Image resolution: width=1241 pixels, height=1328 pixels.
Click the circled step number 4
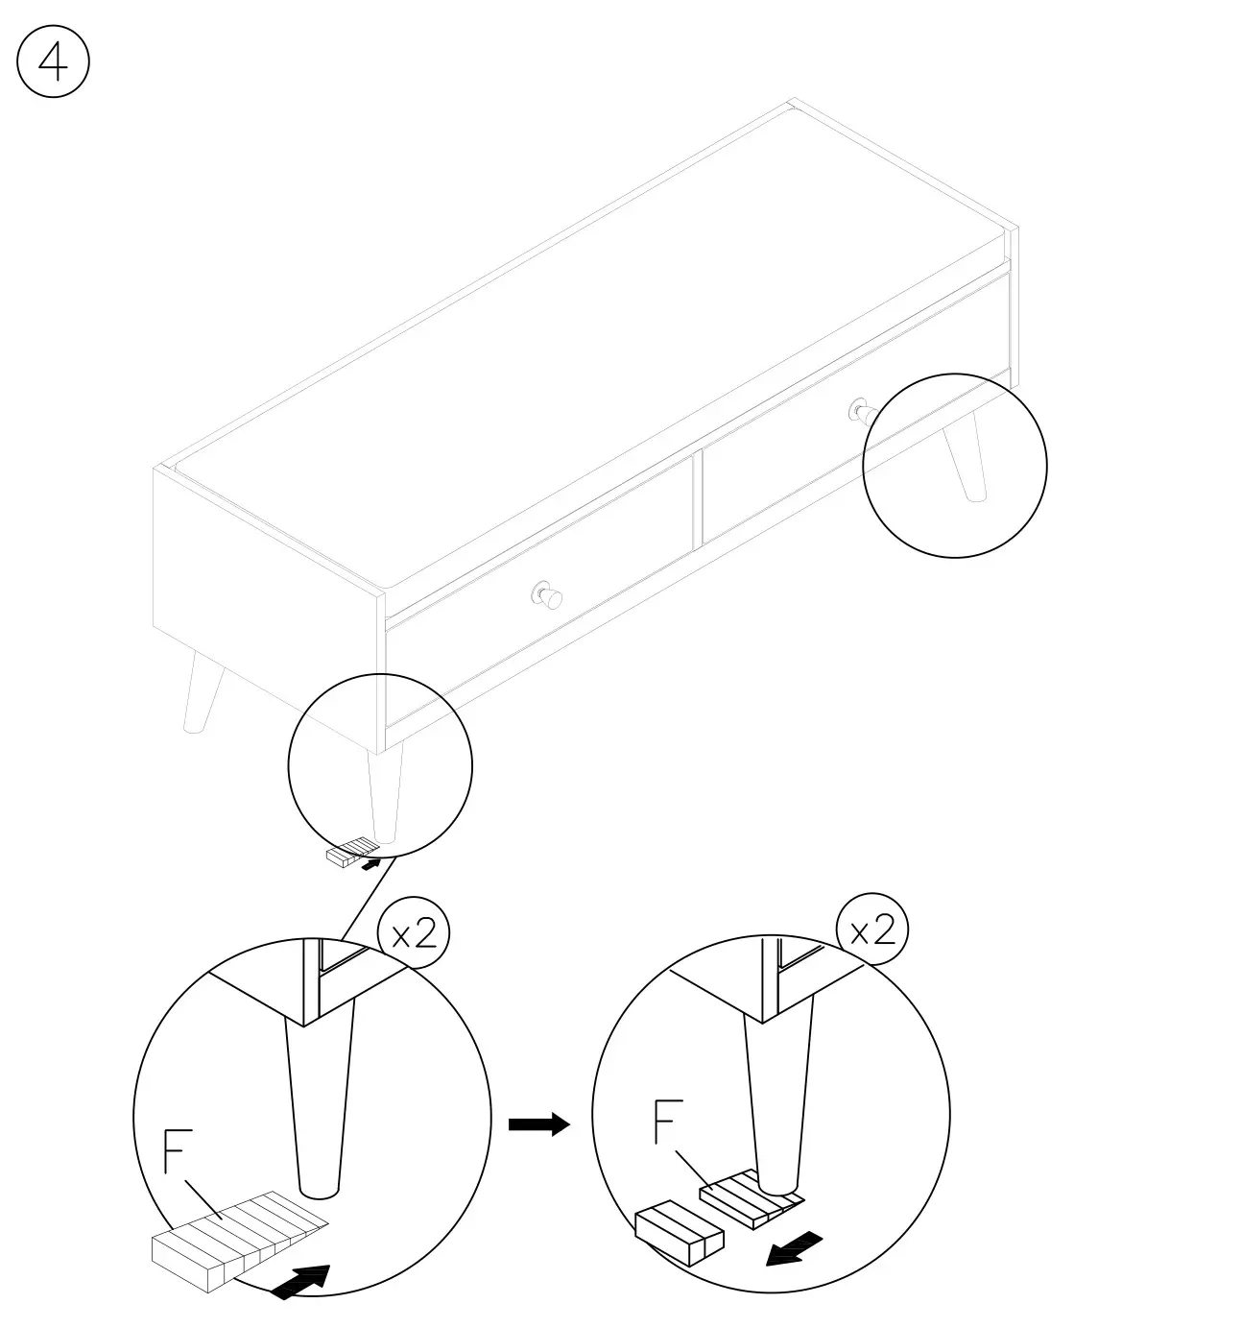[53, 62]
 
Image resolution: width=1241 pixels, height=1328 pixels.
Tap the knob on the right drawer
[860, 411]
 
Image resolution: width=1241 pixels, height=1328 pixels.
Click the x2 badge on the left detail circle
[414, 932]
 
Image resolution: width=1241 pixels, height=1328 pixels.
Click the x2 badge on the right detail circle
[871, 930]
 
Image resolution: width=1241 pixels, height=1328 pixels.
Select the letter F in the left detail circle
[173, 1153]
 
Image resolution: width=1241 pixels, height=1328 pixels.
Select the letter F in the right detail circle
[668, 1122]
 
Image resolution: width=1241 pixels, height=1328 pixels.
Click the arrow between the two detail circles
[538, 1124]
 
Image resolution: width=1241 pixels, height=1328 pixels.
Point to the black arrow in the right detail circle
[796, 1247]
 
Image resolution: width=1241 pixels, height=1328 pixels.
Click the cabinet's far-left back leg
[202, 691]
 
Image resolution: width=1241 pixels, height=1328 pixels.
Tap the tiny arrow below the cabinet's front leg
[370, 864]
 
